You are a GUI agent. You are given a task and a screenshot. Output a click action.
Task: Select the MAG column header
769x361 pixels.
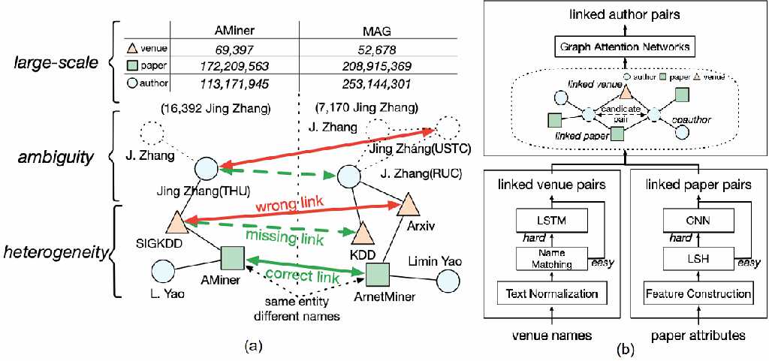point(378,30)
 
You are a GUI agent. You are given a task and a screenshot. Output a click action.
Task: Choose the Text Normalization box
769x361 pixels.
point(549,294)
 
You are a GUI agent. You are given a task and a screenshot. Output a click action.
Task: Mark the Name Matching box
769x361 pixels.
point(549,257)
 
